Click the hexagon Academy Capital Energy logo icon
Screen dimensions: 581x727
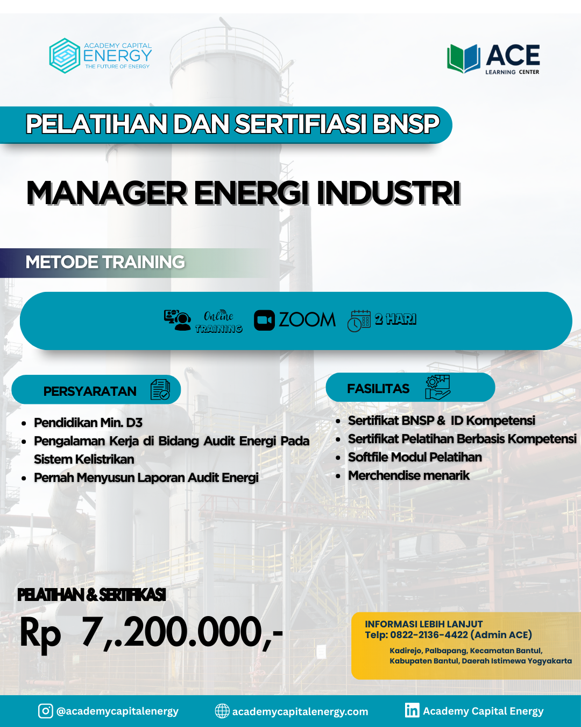pyautogui.click(x=65, y=56)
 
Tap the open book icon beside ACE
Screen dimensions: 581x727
pyautogui.click(x=464, y=59)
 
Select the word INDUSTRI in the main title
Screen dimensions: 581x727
pyautogui.click(x=388, y=193)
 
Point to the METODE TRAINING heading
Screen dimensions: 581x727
pyautogui.click(x=105, y=262)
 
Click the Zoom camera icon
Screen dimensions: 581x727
pyautogui.click(x=264, y=320)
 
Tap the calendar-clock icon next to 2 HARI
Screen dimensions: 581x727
pyautogui.click(x=359, y=321)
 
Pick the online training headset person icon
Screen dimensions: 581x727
pyautogui.click(x=177, y=320)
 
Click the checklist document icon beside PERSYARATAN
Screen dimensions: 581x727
pyautogui.click(x=160, y=389)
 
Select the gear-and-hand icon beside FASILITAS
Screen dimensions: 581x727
pyautogui.click(x=437, y=387)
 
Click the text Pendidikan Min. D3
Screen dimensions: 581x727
pyautogui.click(x=88, y=423)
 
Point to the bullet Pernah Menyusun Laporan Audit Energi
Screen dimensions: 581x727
pyautogui.click(x=146, y=478)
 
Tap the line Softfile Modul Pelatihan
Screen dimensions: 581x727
pyautogui.click(x=415, y=457)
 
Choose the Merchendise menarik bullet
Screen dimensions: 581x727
pyautogui.click(x=409, y=476)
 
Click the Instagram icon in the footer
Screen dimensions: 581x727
pyautogui.click(x=46, y=711)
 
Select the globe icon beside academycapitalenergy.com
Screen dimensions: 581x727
pyautogui.click(x=222, y=711)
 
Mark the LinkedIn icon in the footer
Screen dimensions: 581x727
pyautogui.click(x=412, y=710)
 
